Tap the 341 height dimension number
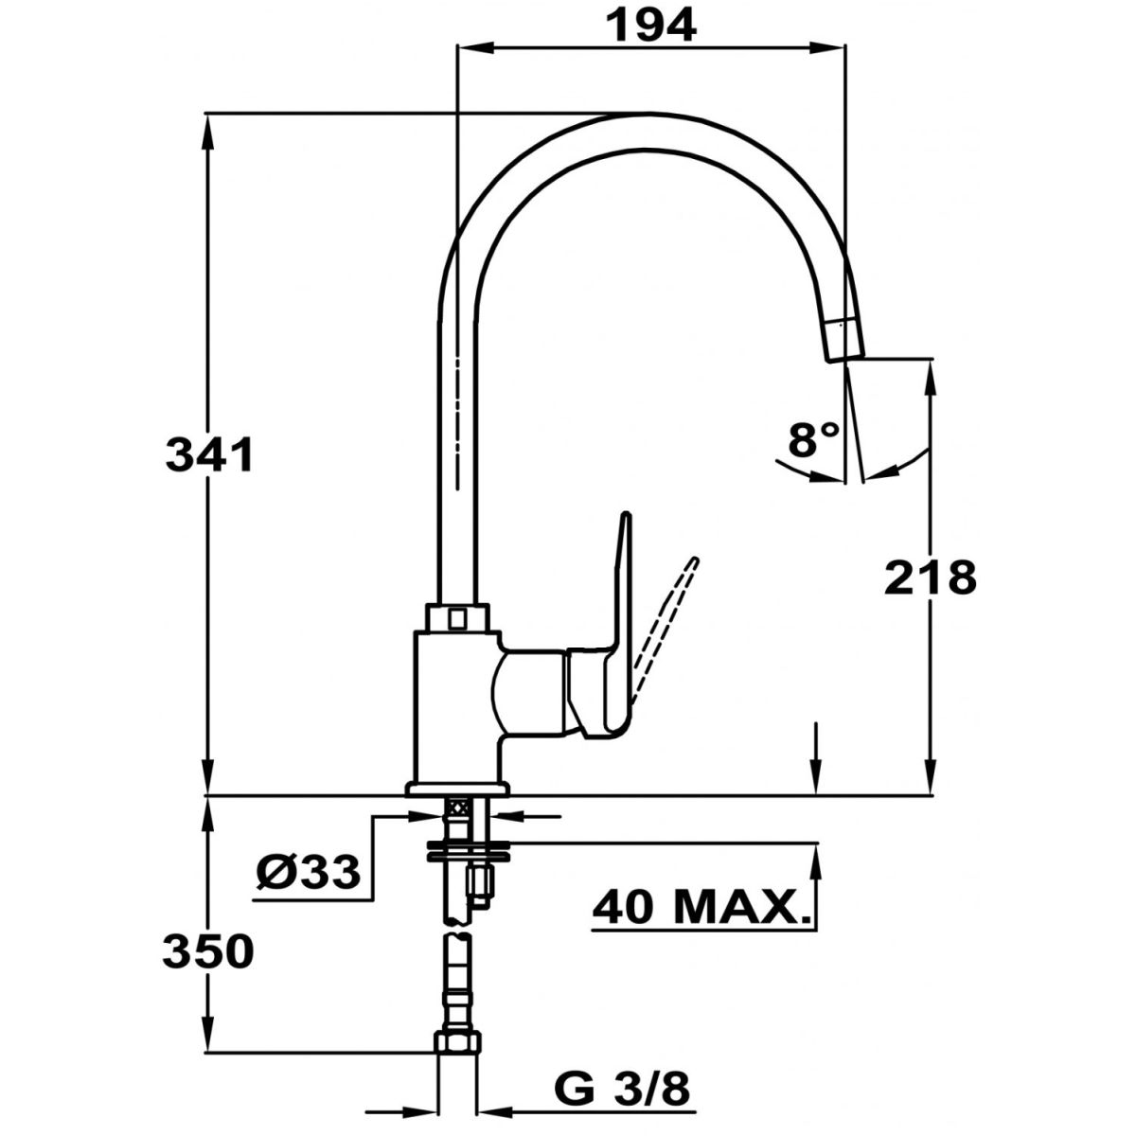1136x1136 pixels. pos(210,455)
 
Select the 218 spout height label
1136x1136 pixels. pos(931,577)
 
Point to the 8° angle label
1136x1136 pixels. pos(813,440)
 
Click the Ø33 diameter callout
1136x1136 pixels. pos(309,873)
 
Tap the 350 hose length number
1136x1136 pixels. pos(208,952)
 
